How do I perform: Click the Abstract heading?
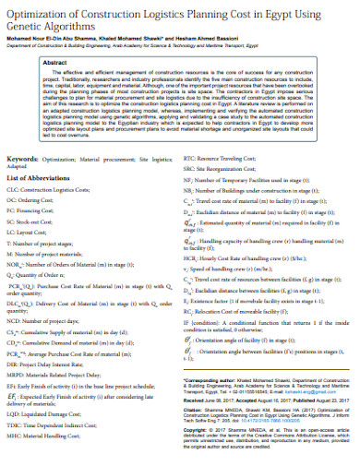tap(57, 61)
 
